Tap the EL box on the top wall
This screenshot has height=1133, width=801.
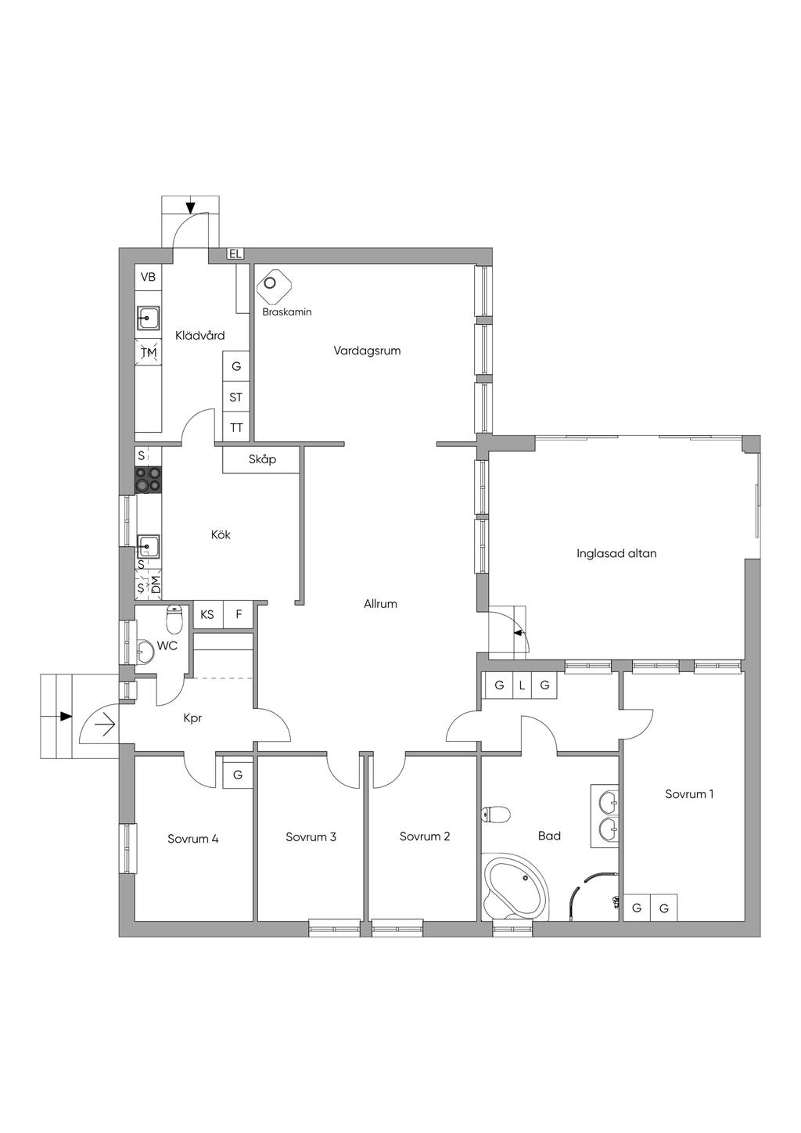coord(235,254)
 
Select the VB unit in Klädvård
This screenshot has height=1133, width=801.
coord(148,277)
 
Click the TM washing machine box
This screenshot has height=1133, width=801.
coord(148,353)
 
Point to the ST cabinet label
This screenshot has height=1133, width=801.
coord(236,397)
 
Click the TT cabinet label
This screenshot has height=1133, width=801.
coord(236,428)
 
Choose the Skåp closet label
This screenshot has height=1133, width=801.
coord(263,460)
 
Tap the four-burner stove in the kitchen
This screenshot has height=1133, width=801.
coord(148,480)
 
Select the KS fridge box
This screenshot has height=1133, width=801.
coord(207,614)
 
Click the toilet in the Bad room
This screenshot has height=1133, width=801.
coord(496,815)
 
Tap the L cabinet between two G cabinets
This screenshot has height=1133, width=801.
coord(523,685)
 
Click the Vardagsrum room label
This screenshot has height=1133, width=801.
coord(367,351)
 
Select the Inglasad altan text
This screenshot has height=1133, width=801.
coord(616,553)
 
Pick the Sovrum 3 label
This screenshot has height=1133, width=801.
coord(311,837)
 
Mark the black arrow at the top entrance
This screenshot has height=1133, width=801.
coord(190,207)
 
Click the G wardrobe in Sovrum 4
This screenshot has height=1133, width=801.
coord(238,775)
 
